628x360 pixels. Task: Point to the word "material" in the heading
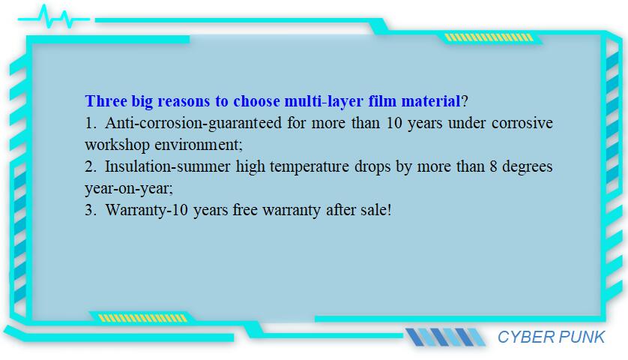pos(431,101)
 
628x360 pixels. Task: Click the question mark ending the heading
pos(465,101)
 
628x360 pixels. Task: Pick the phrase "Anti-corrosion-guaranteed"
pos(193,123)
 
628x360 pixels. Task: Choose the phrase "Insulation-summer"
pos(167,166)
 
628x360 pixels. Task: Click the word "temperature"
pos(310,166)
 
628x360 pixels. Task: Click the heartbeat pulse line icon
pos(54,17)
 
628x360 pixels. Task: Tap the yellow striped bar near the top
pos(489,37)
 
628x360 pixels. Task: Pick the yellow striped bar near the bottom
pos(142,318)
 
